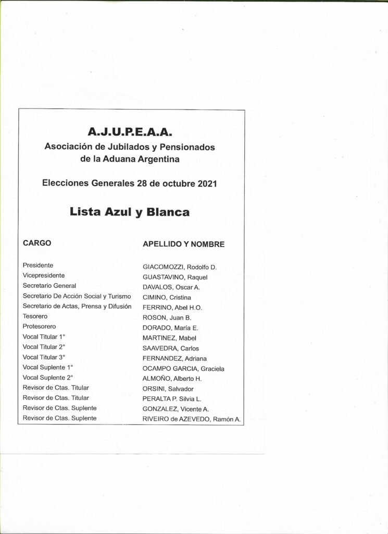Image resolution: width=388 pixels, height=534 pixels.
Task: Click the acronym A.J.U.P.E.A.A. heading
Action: click(x=130, y=130)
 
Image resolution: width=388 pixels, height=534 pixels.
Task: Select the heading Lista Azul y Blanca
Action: click(x=130, y=212)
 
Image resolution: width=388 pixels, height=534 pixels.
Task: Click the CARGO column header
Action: click(x=37, y=243)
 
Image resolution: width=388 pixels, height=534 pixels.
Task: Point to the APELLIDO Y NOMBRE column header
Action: click(x=183, y=244)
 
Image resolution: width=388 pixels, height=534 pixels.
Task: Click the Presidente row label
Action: click(x=38, y=265)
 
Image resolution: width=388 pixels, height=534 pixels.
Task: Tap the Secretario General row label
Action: click(x=49, y=286)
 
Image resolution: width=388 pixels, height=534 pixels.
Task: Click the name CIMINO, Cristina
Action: click(x=167, y=298)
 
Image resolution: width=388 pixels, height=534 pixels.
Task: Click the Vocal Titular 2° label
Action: click(x=44, y=347)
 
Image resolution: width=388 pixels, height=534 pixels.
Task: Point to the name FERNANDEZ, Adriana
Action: click(x=174, y=359)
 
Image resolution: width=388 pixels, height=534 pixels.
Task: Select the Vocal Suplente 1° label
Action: click(x=48, y=367)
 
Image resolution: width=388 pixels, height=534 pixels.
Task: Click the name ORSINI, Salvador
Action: click(x=168, y=389)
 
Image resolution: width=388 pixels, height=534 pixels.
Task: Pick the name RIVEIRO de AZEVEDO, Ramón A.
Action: click(x=192, y=419)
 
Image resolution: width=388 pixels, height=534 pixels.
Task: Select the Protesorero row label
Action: click(x=40, y=326)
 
